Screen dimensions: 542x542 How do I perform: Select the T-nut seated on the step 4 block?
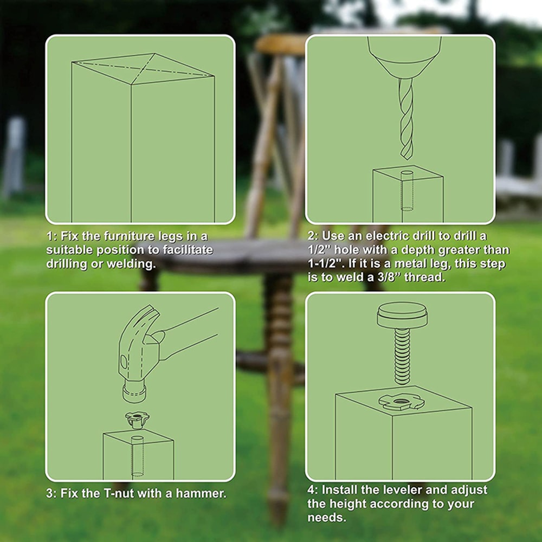(x=399, y=401)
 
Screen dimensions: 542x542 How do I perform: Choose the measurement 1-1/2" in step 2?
(x=327, y=264)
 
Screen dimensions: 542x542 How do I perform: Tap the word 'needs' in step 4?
(x=326, y=517)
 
